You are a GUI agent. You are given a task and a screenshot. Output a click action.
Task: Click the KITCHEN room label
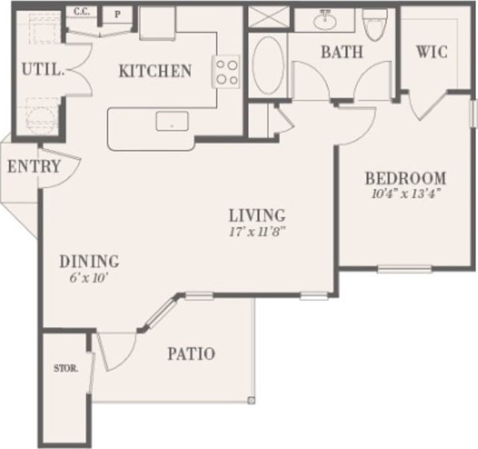pyautogui.click(x=155, y=71)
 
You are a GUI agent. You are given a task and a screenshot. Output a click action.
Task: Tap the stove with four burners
pyautogui.click(x=226, y=71)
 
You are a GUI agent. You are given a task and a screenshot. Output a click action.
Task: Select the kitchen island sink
pyautogui.click(x=172, y=121)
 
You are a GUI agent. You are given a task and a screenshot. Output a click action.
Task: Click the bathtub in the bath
pyautogui.click(x=268, y=65)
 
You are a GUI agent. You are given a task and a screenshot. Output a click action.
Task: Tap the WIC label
pyautogui.click(x=431, y=51)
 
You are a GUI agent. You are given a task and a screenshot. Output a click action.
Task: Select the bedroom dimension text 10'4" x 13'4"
pyautogui.click(x=405, y=194)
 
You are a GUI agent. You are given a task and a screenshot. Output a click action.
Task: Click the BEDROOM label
pyautogui.click(x=405, y=179)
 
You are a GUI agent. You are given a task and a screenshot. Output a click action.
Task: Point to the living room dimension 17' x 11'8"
pyautogui.click(x=257, y=232)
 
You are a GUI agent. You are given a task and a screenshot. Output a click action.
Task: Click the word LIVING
pyautogui.click(x=257, y=216)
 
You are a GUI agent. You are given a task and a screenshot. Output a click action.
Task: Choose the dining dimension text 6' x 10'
pyautogui.click(x=89, y=278)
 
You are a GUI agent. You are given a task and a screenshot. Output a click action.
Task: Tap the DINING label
pyautogui.click(x=89, y=262)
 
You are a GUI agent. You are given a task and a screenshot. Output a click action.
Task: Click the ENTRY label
pyautogui.click(x=34, y=167)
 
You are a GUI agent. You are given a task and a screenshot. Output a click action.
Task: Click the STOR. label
pyautogui.click(x=66, y=368)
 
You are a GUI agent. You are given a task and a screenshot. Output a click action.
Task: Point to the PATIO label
pyautogui.click(x=191, y=354)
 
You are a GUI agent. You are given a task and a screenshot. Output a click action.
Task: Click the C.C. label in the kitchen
pyautogui.click(x=81, y=11)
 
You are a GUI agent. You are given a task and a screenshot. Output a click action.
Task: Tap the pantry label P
pyautogui.click(x=117, y=13)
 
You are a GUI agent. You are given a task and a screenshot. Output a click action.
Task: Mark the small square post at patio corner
pyautogui.click(x=251, y=400)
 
